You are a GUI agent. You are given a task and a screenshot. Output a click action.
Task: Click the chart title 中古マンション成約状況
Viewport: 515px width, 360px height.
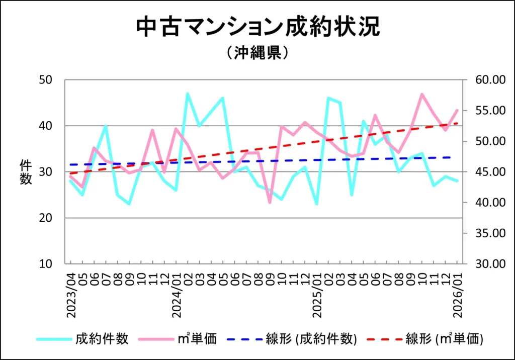tap(257, 27)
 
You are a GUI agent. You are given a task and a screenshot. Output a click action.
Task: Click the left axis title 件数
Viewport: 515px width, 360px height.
tap(26, 172)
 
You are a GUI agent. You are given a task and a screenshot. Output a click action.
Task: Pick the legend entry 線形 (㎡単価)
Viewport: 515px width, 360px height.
tap(445, 339)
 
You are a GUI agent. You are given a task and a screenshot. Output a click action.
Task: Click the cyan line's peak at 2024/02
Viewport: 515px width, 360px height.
tap(188, 94)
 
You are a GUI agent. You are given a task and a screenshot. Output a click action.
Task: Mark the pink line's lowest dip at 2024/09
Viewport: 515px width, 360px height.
tap(270, 202)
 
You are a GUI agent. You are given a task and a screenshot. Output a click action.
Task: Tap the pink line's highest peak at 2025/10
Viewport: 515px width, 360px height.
tap(421, 94)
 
